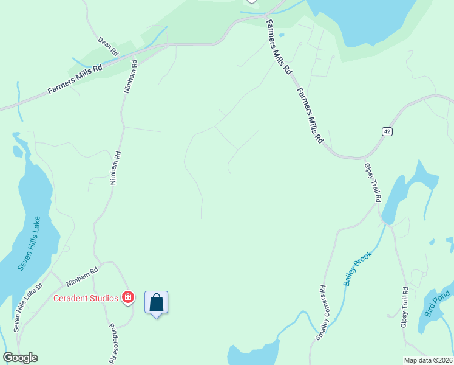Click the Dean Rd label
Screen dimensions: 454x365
[x=107, y=47]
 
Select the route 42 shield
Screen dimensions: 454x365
[x=386, y=131]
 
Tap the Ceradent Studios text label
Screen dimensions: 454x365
[x=86, y=298]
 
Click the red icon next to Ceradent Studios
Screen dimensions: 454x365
[x=128, y=297]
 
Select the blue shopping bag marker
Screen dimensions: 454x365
[x=156, y=302]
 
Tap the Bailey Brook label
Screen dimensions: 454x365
[x=357, y=268]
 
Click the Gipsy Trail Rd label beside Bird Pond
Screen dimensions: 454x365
[x=405, y=308]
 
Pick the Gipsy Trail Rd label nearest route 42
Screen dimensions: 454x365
[x=372, y=182]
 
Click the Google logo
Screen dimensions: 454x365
[x=20, y=358]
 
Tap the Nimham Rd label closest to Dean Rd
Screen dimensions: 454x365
[x=129, y=77]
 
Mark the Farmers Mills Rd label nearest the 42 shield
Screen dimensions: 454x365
[x=310, y=115]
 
